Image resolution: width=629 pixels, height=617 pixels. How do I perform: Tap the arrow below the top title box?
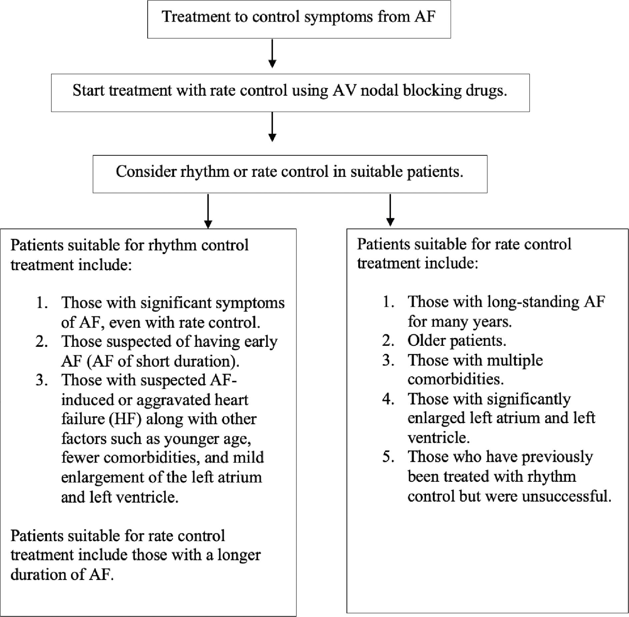[272, 54]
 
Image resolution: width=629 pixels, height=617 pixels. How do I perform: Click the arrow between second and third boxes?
[272, 127]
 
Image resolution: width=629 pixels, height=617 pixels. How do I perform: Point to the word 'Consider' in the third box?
[146, 172]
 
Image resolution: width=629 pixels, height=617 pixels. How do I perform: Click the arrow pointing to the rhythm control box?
[208, 211]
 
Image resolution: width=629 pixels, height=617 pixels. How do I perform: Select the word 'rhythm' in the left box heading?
[168, 246]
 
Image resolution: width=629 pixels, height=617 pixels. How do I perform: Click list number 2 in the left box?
[41, 341]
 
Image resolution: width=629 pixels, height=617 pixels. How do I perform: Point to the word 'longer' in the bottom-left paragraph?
[239, 555]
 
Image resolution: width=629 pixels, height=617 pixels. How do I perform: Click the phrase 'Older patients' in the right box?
[456, 340]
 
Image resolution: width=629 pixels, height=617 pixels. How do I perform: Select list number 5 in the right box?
[388, 456]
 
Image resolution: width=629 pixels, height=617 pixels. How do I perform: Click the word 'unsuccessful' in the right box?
[566, 496]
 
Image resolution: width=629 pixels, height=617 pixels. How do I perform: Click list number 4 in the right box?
[388, 399]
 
